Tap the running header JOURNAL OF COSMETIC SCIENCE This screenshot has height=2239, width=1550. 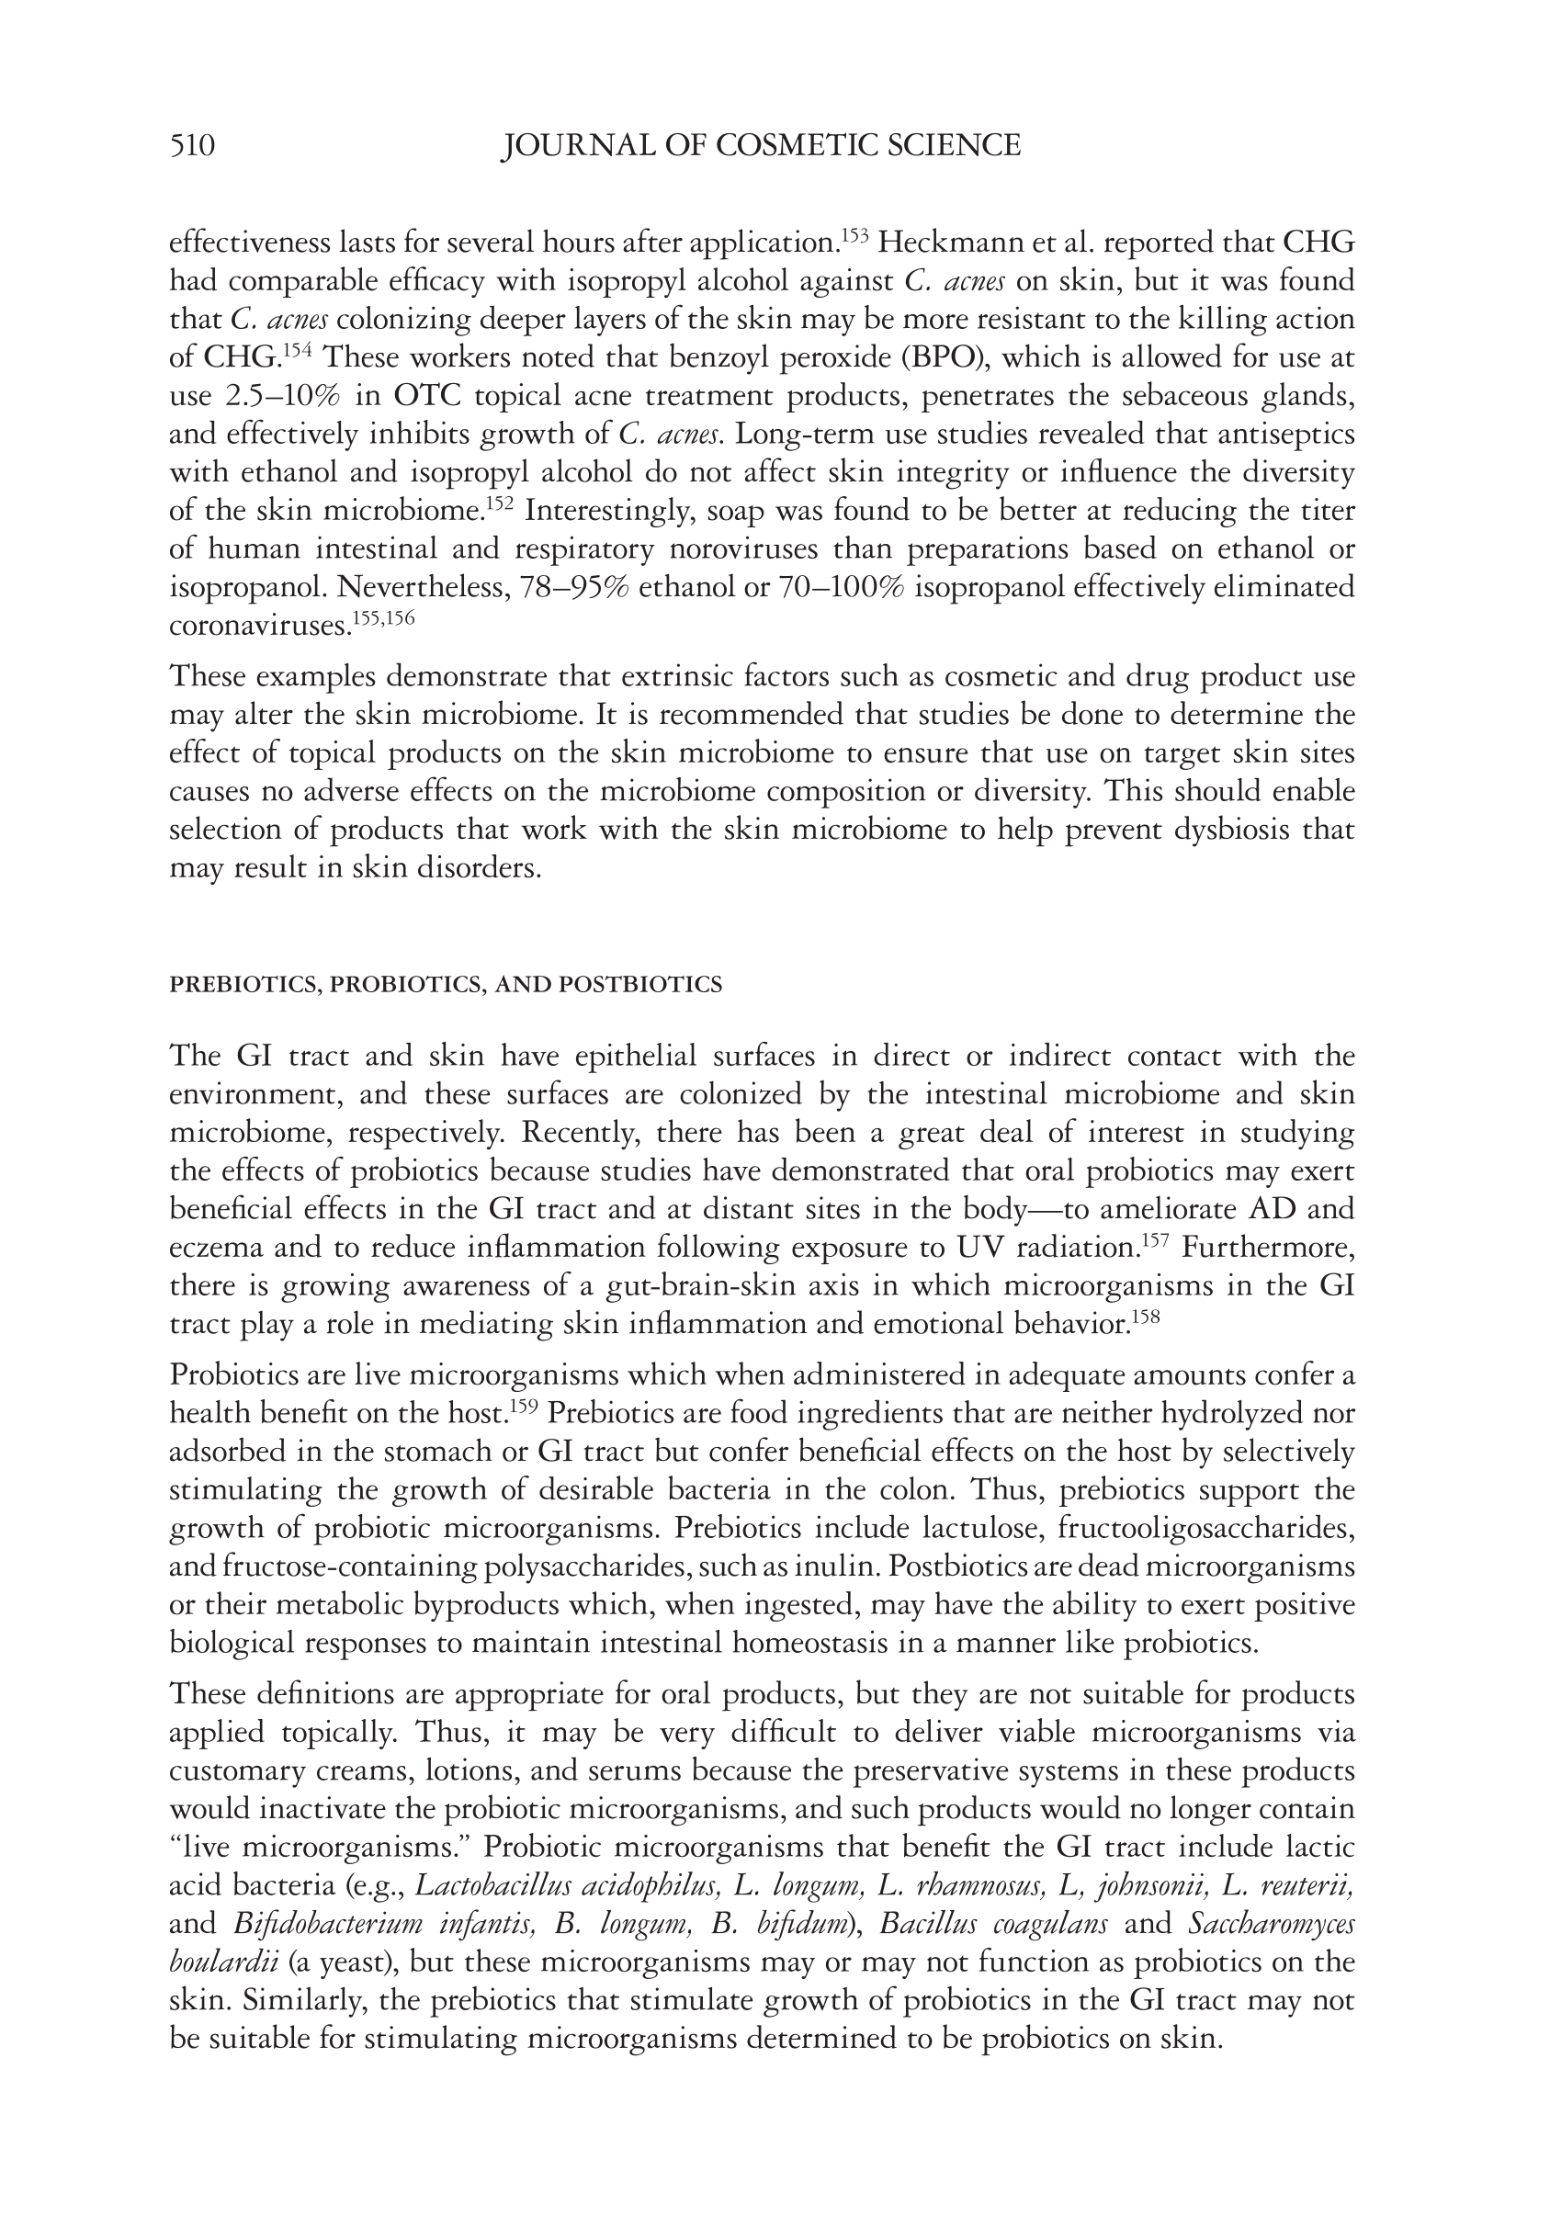click(761, 146)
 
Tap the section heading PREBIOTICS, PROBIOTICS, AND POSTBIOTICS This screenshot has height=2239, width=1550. click(446, 985)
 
